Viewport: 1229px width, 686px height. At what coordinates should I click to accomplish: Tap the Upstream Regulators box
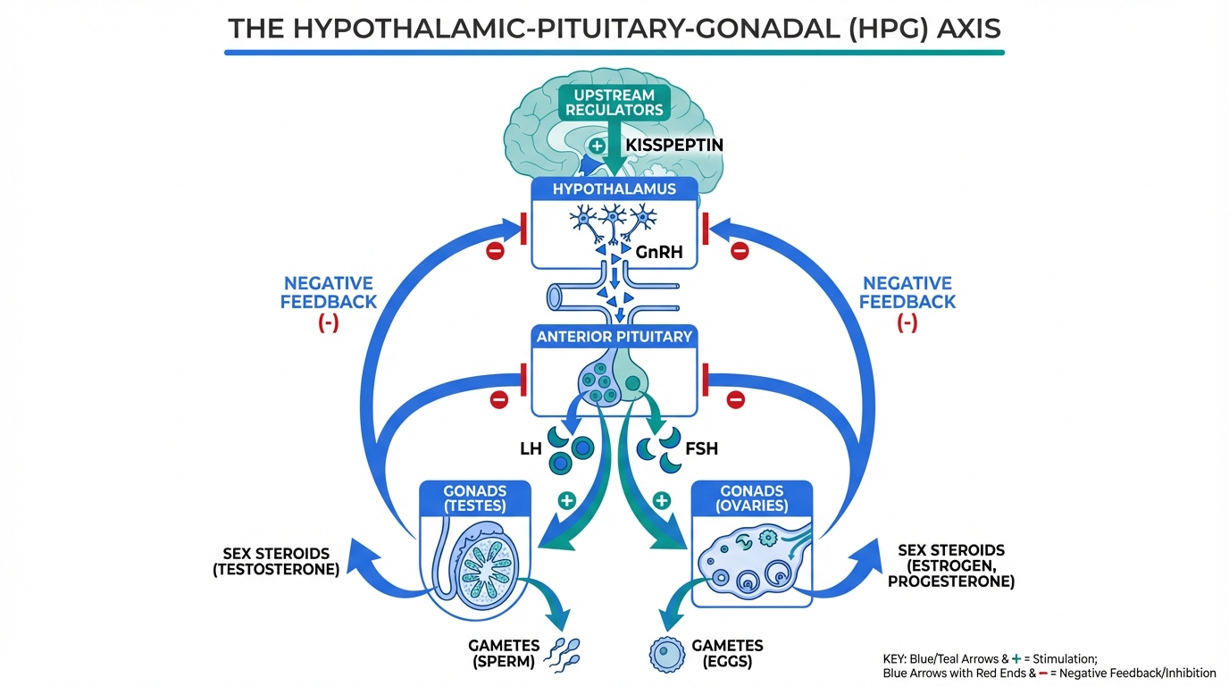pos(613,103)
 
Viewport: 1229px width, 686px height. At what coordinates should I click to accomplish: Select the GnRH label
pos(660,252)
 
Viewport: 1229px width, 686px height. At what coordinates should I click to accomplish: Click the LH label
pos(531,448)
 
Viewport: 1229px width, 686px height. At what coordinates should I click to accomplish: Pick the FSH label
pos(701,448)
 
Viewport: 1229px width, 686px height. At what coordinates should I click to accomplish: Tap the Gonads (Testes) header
pos(474,498)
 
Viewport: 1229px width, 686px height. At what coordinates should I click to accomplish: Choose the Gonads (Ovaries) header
pos(752,498)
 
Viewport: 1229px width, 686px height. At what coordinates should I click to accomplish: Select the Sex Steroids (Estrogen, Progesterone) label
pos(950,565)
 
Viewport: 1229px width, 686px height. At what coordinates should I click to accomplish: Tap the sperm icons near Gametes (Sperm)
pos(564,656)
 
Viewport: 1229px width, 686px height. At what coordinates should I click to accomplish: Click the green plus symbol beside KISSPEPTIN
pos(598,143)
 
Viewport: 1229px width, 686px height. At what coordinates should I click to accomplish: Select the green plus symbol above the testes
pos(565,500)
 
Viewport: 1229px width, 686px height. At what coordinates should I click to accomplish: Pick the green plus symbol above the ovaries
pos(661,500)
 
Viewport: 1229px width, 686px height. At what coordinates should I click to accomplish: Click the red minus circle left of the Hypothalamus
pos(495,251)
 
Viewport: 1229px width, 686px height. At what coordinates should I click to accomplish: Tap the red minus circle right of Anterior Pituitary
pos(736,399)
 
